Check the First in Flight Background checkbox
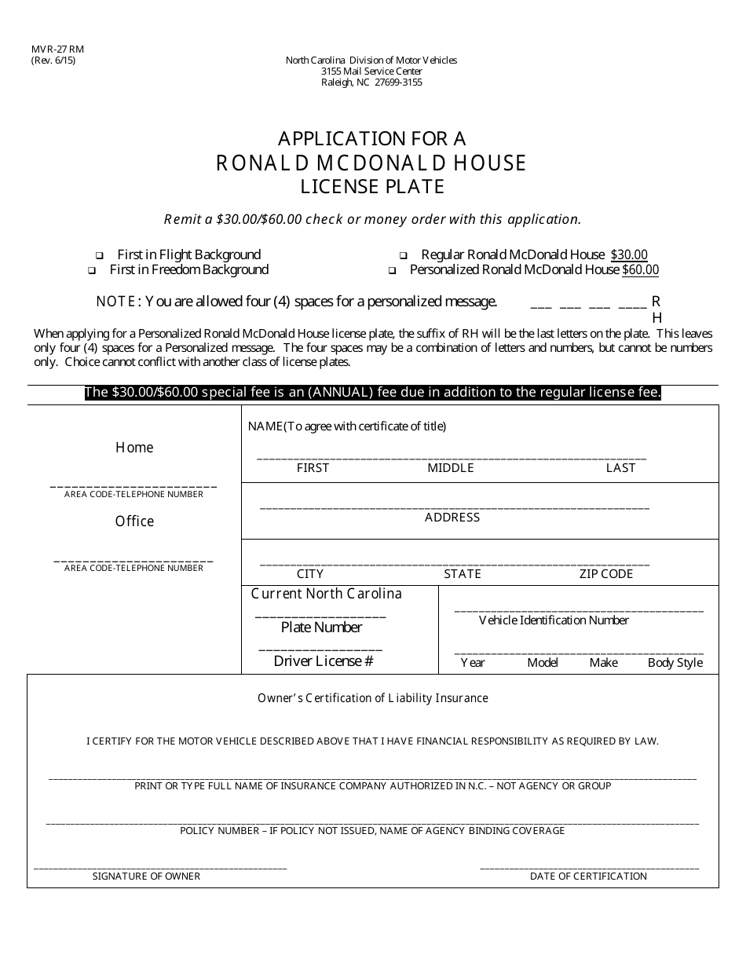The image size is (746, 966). [x=100, y=256]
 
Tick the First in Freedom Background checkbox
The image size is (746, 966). [x=92, y=271]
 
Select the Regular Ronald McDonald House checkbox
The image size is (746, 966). [x=403, y=256]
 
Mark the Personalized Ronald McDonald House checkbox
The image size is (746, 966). [x=391, y=271]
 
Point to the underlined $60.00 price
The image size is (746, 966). [x=640, y=270]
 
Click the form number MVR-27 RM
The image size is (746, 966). [x=57, y=49]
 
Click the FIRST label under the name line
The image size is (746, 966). [x=313, y=468]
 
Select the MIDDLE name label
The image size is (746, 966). [x=451, y=468]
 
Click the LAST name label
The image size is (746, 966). [x=620, y=468]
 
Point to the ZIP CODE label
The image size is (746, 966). [x=606, y=574]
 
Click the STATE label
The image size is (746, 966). [x=463, y=574]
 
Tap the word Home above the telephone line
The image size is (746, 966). [x=134, y=448]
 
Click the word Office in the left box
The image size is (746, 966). [x=134, y=521]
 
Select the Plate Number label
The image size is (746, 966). [x=321, y=628]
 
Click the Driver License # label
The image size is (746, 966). [x=323, y=661]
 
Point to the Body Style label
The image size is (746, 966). [x=675, y=663]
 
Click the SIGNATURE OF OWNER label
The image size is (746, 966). [x=146, y=876]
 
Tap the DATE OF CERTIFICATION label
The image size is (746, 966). [x=588, y=876]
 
